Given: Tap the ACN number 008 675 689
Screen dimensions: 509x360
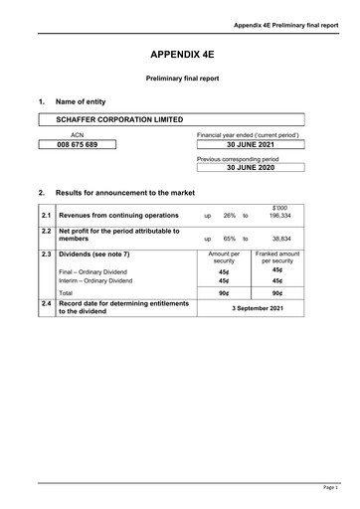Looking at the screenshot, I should [77, 145].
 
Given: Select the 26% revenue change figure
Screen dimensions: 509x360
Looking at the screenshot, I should [229, 215].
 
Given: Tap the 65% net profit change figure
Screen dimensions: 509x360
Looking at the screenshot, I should [229, 240].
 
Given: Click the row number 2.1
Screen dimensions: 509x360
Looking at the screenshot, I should [46, 215].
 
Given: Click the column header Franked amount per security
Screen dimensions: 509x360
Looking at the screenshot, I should [277, 257].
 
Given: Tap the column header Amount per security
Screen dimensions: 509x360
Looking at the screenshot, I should [224, 257].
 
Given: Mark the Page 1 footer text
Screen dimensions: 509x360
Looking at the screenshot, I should [329, 487].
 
